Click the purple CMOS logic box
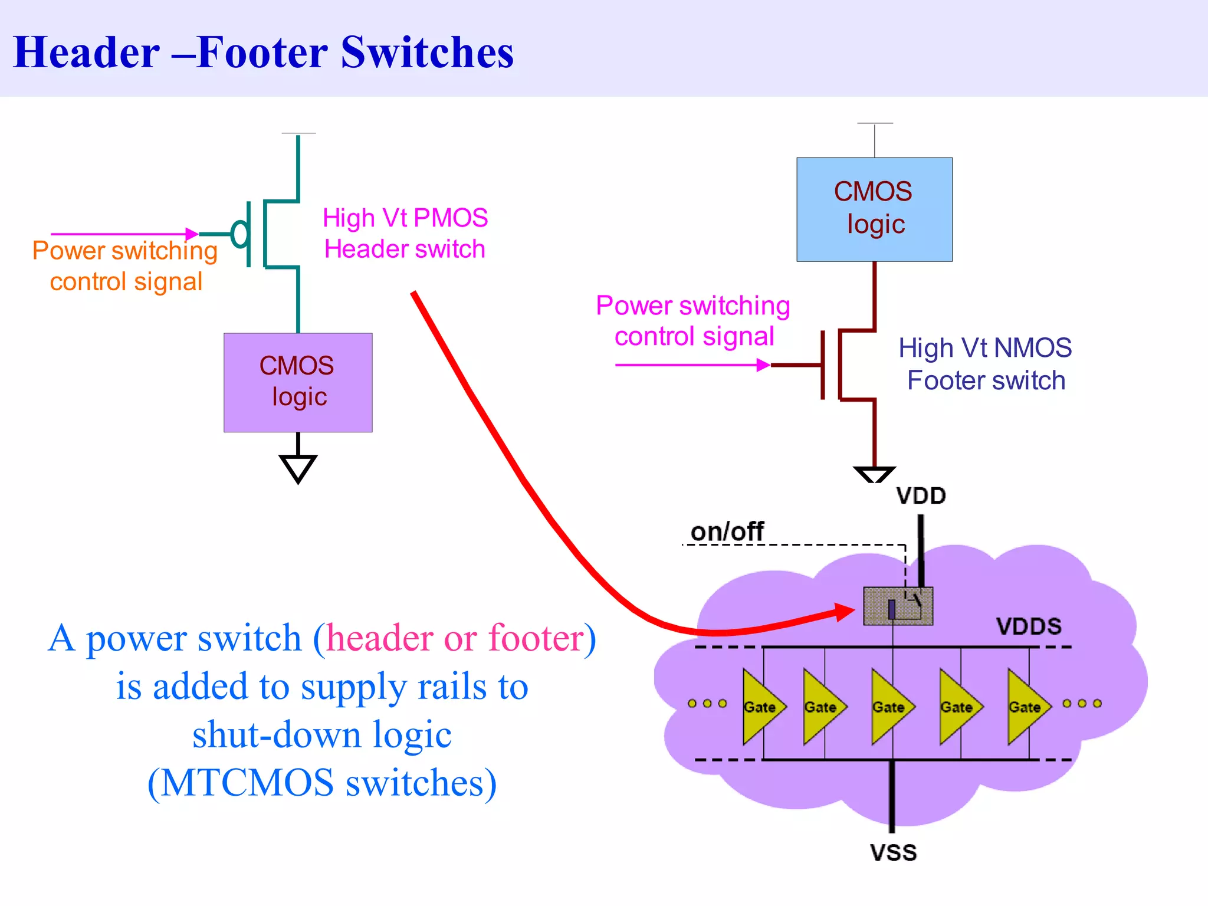tap(298, 382)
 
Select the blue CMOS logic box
tap(874, 209)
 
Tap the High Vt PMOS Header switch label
tap(405, 234)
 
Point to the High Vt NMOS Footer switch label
tap(985, 364)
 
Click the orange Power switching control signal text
tap(125, 266)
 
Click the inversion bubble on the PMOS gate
tap(239, 234)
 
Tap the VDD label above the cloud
tap(921, 496)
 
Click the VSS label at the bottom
tap(893, 853)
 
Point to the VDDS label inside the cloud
tap(1029, 626)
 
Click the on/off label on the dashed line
tap(727, 532)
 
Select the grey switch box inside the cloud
tap(897, 606)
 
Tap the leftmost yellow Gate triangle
tap(761, 706)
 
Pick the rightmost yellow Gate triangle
tap(1026, 706)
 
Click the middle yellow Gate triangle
tap(890, 706)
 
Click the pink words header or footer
tap(454, 639)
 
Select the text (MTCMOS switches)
tap(322, 783)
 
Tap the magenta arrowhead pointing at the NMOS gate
tap(763, 365)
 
